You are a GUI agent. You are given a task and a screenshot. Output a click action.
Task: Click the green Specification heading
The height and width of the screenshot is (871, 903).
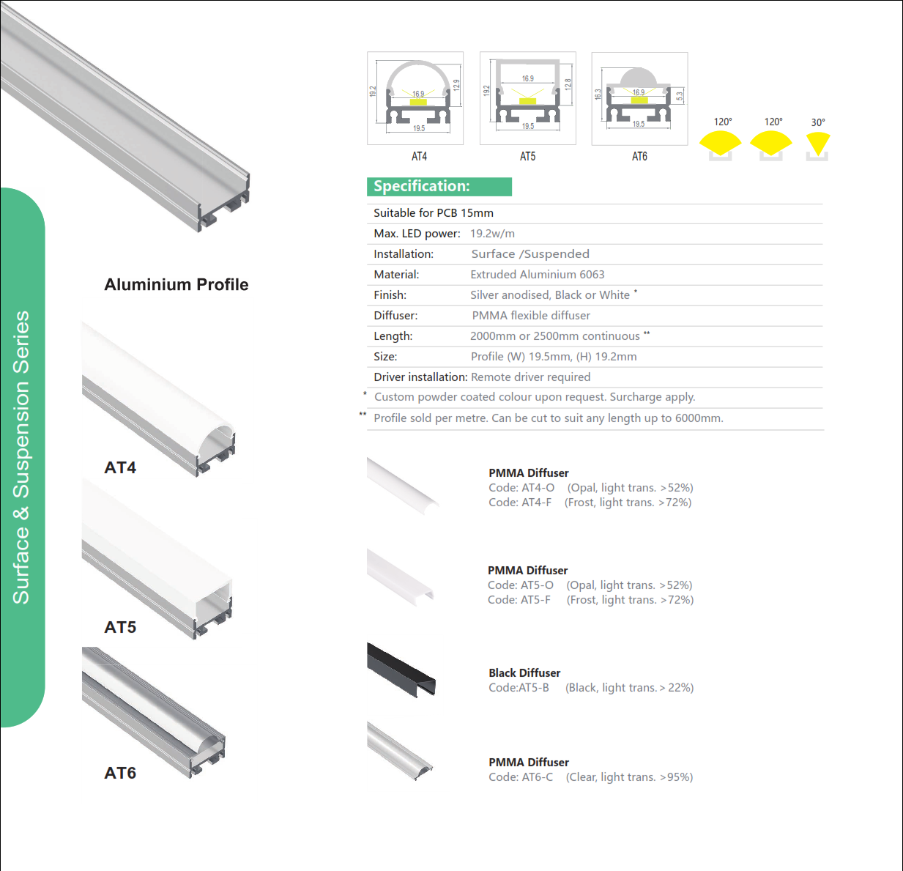coord(439,187)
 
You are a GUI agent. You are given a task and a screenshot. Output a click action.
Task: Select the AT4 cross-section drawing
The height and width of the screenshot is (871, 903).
coord(415,98)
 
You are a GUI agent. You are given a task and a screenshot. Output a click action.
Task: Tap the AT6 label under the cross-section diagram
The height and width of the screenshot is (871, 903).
coord(639,156)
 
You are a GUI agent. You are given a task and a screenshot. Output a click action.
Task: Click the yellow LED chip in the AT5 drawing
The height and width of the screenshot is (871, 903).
coord(527,101)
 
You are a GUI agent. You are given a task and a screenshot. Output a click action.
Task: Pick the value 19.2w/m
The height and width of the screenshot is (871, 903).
coord(492,234)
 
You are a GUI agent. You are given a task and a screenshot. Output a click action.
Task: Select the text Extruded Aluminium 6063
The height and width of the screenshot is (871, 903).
coord(538,274)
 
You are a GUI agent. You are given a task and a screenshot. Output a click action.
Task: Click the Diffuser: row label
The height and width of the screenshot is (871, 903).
coord(395,316)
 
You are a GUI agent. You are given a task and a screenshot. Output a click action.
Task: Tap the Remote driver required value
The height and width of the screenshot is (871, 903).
coord(530,377)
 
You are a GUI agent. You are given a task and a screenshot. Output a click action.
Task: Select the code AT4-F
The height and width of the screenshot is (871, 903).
coord(536,503)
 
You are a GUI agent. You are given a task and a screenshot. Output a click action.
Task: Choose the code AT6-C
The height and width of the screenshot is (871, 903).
coord(538,777)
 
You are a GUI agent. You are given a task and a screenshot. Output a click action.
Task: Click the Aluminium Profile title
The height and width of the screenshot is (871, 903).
coord(176,284)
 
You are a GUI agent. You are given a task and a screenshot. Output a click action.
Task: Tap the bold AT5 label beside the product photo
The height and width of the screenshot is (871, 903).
coord(120,627)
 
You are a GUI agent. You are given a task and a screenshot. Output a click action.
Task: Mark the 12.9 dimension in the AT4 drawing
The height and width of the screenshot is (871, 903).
coord(456,85)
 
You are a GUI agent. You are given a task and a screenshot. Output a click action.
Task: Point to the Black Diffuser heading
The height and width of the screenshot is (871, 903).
coord(524,673)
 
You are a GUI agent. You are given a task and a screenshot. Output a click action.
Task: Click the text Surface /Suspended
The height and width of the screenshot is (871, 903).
coord(530,254)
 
